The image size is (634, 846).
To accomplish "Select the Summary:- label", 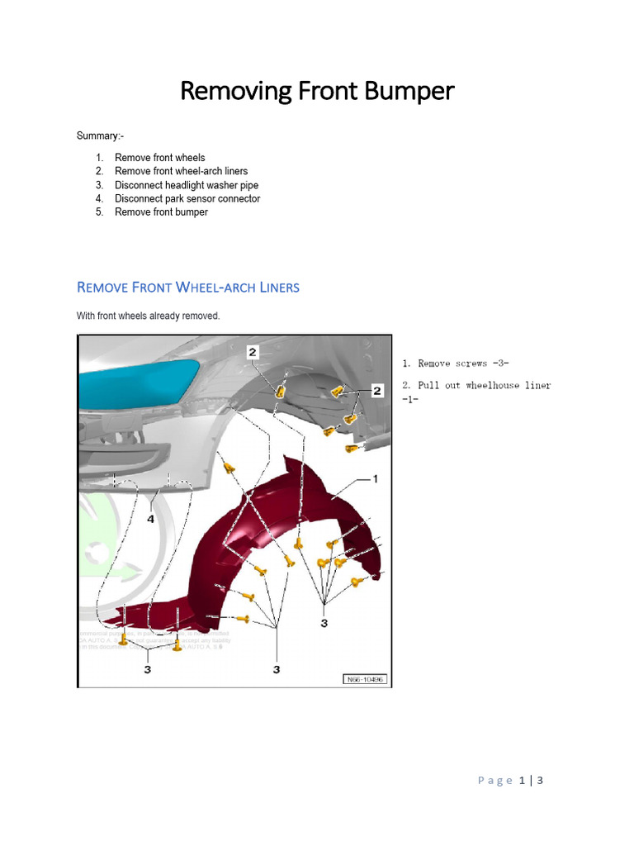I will [101, 136].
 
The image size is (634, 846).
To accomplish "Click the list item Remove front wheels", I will [159, 158].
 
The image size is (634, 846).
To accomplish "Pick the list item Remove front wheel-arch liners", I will [181, 171].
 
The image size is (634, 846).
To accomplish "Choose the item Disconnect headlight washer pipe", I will [187, 185].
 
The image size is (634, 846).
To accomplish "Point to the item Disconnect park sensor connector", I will [187, 198].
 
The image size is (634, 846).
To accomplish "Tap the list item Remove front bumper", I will [161, 212].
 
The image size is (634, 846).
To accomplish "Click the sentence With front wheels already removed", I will [149, 316].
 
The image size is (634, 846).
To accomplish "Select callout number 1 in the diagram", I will [376, 478].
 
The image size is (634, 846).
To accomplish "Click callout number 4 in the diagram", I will [150, 520].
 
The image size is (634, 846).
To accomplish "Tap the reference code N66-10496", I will [366, 680].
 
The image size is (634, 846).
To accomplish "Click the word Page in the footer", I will [495, 781].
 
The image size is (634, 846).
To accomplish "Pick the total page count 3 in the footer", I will [540, 781].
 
